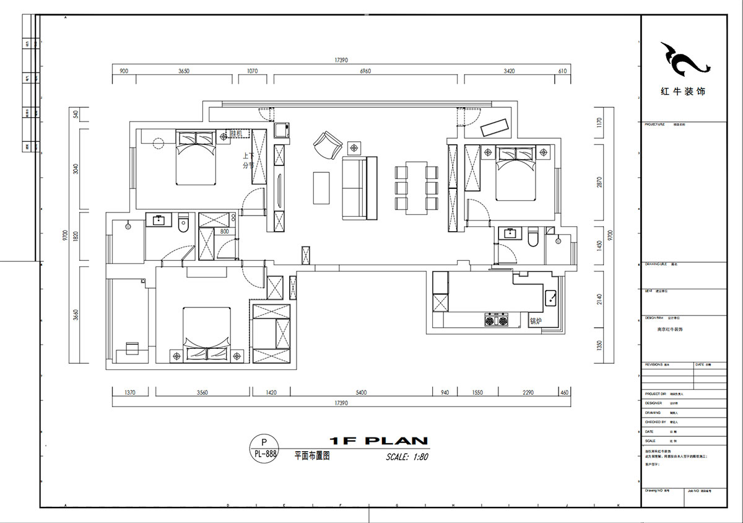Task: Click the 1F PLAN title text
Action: (x=378, y=441)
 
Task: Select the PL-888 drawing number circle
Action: (x=265, y=448)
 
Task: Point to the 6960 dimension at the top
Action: (x=365, y=71)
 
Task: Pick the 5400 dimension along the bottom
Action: (x=361, y=393)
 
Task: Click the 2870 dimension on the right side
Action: (x=598, y=183)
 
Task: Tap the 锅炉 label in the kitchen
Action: (x=536, y=321)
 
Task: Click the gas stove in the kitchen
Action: (x=496, y=320)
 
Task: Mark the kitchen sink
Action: (x=550, y=299)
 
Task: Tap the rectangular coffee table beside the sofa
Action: (x=322, y=188)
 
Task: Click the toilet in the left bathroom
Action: (x=183, y=224)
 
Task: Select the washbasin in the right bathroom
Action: (x=511, y=234)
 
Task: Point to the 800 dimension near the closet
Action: (x=224, y=231)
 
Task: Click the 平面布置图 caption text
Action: (x=312, y=455)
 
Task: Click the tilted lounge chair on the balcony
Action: (x=495, y=126)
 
